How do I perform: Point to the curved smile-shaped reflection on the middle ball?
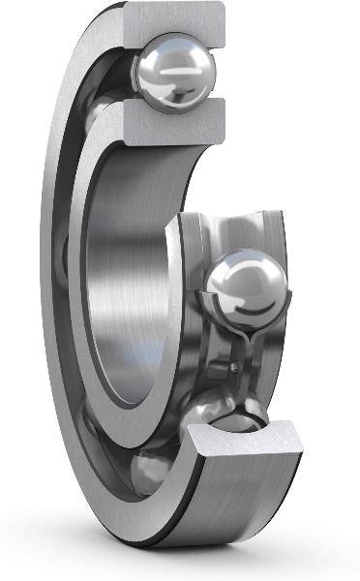click(x=255, y=310)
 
